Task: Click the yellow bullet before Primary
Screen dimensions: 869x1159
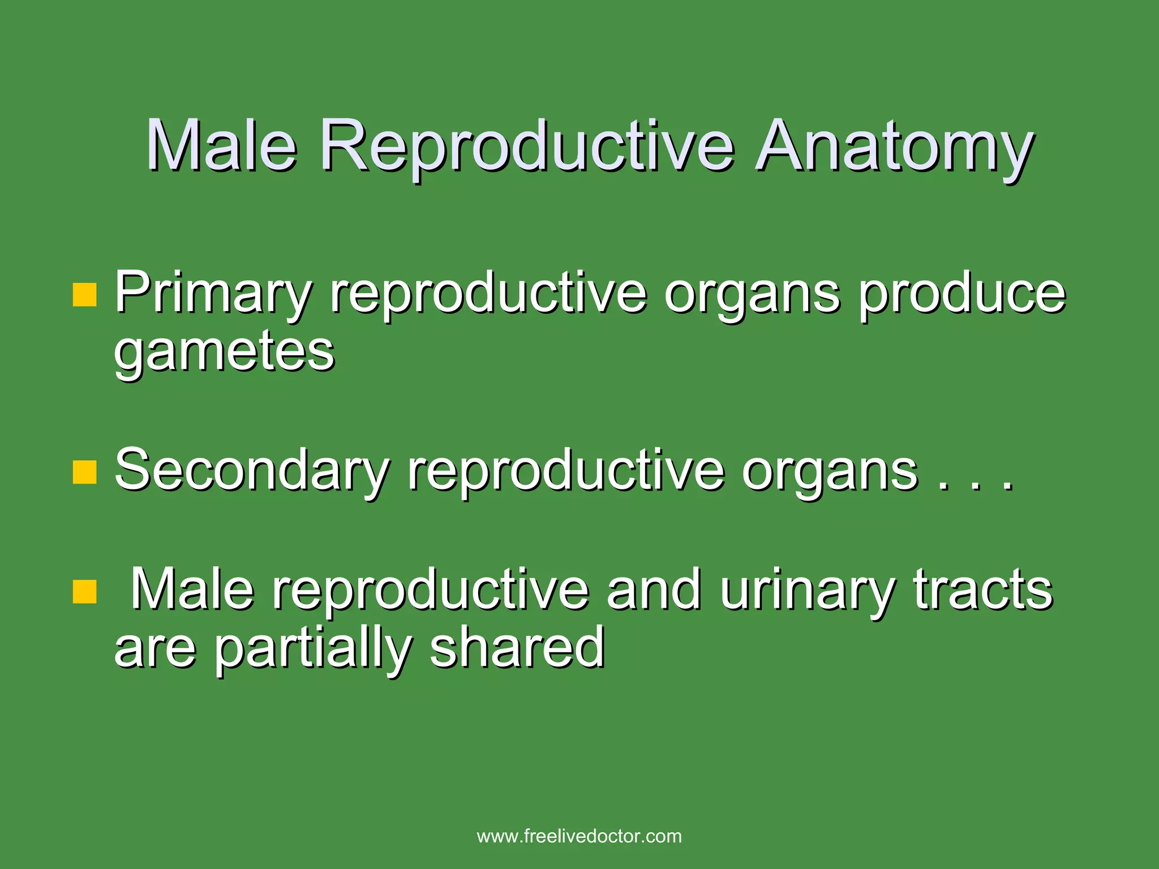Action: pos(85,295)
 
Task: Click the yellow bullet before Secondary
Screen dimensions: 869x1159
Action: pos(85,472)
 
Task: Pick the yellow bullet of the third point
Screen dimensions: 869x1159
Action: pos(85,592)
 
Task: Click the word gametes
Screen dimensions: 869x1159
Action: pos(225,354)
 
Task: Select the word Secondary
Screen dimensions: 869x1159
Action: pos(252,471)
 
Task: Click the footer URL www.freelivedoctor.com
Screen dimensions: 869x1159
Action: pos(579,836)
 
